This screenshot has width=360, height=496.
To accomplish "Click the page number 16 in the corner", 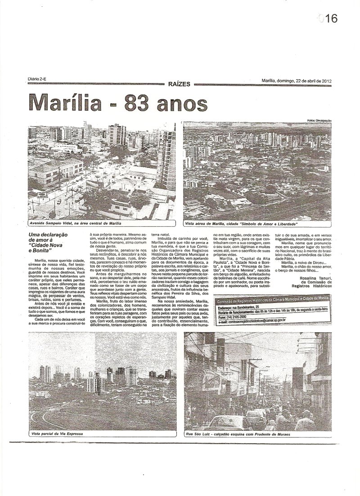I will coord(328,18).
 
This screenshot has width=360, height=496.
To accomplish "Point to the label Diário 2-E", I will coord(37,79).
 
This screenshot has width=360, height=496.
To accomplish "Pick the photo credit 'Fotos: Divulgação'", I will coord(319,120).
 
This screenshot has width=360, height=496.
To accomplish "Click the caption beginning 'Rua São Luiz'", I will coord(238,434).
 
